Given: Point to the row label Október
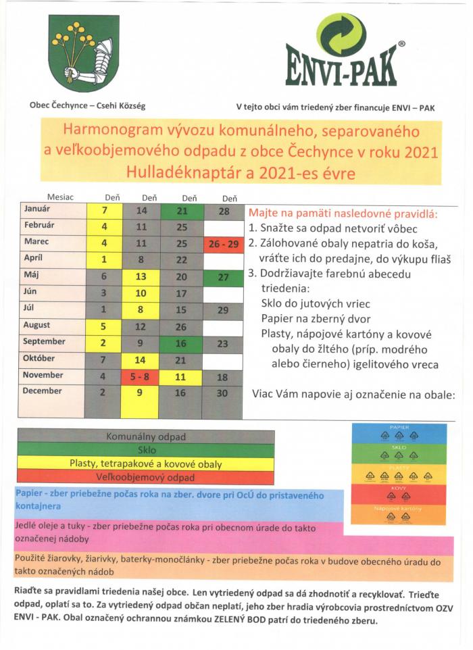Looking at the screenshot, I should (43, 358).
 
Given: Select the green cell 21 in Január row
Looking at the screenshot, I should (182, 211).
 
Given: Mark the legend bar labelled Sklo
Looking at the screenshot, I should (145, 450).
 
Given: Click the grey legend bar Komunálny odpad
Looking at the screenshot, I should (145, 436).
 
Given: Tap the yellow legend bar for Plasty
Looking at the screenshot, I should (145, 464).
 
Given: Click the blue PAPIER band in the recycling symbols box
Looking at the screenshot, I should (399, 433).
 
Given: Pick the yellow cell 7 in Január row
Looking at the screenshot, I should (104, 211).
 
